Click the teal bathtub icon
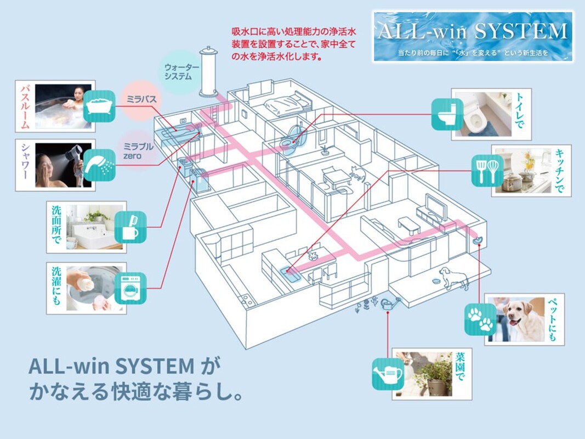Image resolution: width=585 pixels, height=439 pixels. (99, 106)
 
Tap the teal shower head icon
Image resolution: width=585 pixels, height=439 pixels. (99, 165)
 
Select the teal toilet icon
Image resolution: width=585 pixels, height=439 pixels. (447, 114)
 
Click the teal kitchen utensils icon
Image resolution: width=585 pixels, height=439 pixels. (487, 171)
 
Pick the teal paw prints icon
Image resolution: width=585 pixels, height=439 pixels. (480, 319)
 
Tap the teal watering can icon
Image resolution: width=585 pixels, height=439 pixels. (388, 374)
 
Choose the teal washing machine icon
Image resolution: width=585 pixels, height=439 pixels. (130, 288)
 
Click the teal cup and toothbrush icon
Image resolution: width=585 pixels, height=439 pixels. (130, 227)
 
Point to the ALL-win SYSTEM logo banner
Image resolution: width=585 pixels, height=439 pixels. (473, 37)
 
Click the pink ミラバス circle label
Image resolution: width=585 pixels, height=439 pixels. (141, 99)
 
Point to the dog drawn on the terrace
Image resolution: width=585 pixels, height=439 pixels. (453, 278)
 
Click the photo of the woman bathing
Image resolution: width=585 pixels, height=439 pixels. (63, 106)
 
